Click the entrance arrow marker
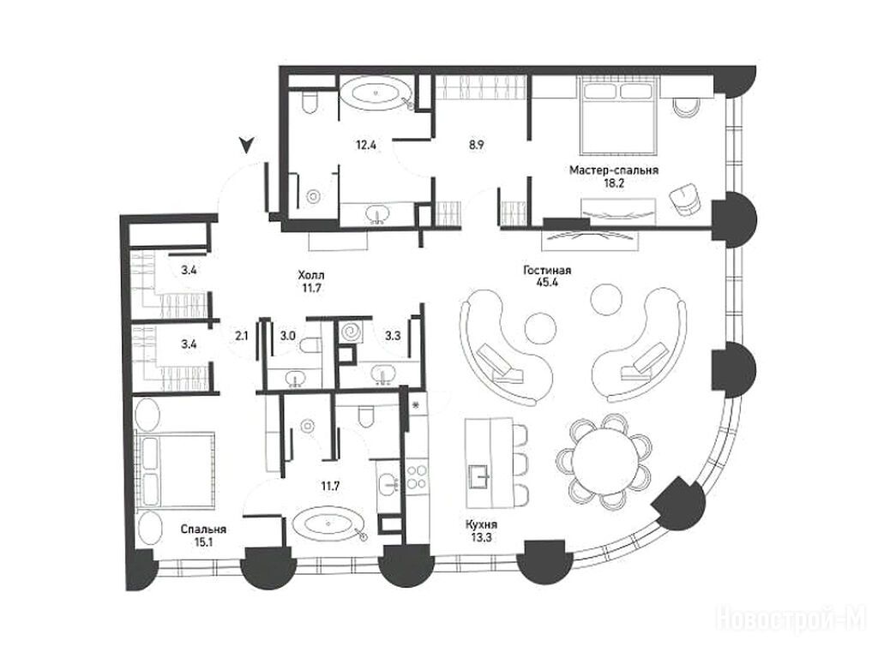click(246, 146)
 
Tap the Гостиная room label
click(547, 271)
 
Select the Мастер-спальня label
click(614, 170)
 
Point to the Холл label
click(311, 275)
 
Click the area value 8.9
click(476, 146)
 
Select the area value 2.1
click(242, 336)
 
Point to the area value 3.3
click(393, 336)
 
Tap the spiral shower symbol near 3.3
click(351, 332)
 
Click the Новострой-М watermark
click(791, 619)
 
